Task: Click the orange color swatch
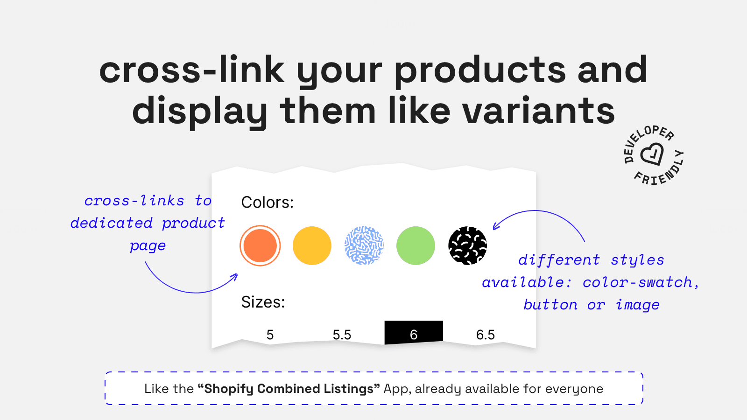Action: coord(260,245)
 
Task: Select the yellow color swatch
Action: coord(312,245)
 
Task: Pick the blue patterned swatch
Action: coord(364,245)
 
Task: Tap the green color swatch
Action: coord(416,245)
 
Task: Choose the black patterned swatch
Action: coord(467,245)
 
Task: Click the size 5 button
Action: coord(270,335)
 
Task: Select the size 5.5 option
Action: coord(342,335)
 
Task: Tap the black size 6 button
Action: coord(414,333)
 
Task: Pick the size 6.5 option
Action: coord(486,335)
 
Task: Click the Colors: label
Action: coord(268,203)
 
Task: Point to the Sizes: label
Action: coord(263,302)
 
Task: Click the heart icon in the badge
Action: coord(652,154)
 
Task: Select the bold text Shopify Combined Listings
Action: coord(289,389)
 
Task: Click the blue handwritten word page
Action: coord(148,246)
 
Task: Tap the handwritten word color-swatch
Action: coord(638,282)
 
